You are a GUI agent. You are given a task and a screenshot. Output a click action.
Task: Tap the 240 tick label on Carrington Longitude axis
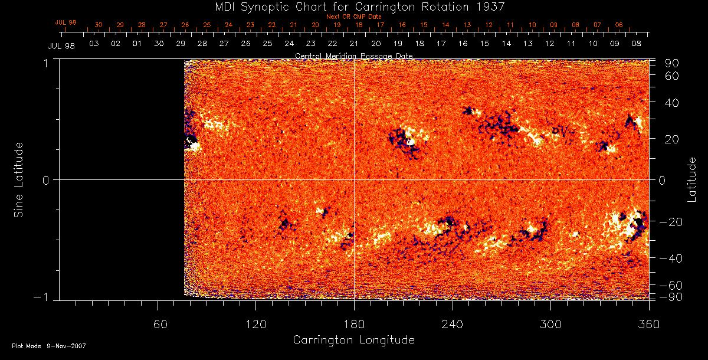point(453,324)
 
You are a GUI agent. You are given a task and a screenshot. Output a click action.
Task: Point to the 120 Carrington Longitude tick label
point(255,324)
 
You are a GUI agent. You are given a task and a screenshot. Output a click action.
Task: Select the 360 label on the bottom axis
point(648,324)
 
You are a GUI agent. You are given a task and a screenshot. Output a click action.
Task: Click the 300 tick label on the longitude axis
point(550,324)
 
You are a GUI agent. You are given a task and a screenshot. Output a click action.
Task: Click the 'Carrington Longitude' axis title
point(353,340)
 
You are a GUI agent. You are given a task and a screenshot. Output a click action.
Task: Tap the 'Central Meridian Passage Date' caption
point(353,55)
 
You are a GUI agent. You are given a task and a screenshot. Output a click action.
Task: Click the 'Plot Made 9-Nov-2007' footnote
point(49,346)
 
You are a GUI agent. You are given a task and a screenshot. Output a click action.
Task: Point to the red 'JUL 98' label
point(65,22)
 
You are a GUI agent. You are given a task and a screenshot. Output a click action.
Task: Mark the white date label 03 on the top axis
point(93,44)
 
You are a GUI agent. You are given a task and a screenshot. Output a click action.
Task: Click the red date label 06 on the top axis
point(618,25)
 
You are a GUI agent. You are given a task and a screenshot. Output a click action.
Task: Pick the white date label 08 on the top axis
point(636,44)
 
